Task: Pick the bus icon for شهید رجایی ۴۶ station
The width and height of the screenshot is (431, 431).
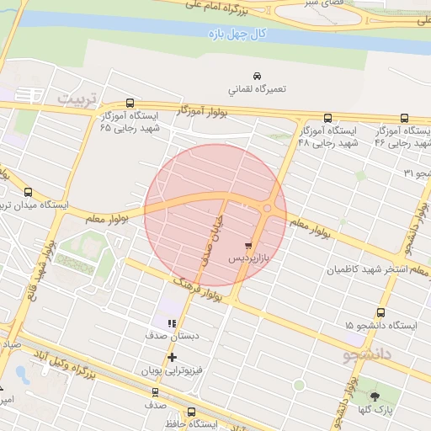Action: tap(405, 119)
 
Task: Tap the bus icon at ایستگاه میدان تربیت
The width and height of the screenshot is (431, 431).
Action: tap(29, 192)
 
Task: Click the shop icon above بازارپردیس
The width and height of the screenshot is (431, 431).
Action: tap(247, 246)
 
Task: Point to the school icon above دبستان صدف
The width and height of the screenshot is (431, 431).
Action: tap(172, 322)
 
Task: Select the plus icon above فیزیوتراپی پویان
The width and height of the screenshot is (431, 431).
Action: tap(172, 357)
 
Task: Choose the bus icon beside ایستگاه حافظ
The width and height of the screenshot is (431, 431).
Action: tap(191, 412)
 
